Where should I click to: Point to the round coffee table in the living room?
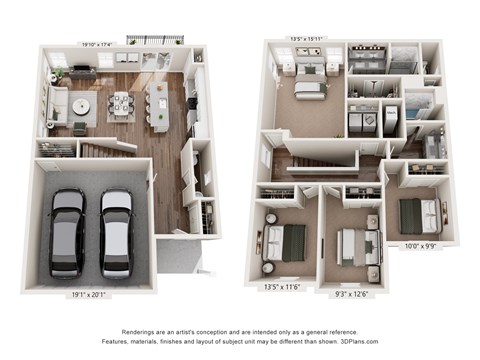click(x=79, y=104)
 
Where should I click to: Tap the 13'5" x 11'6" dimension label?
click(x=282, y=286)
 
